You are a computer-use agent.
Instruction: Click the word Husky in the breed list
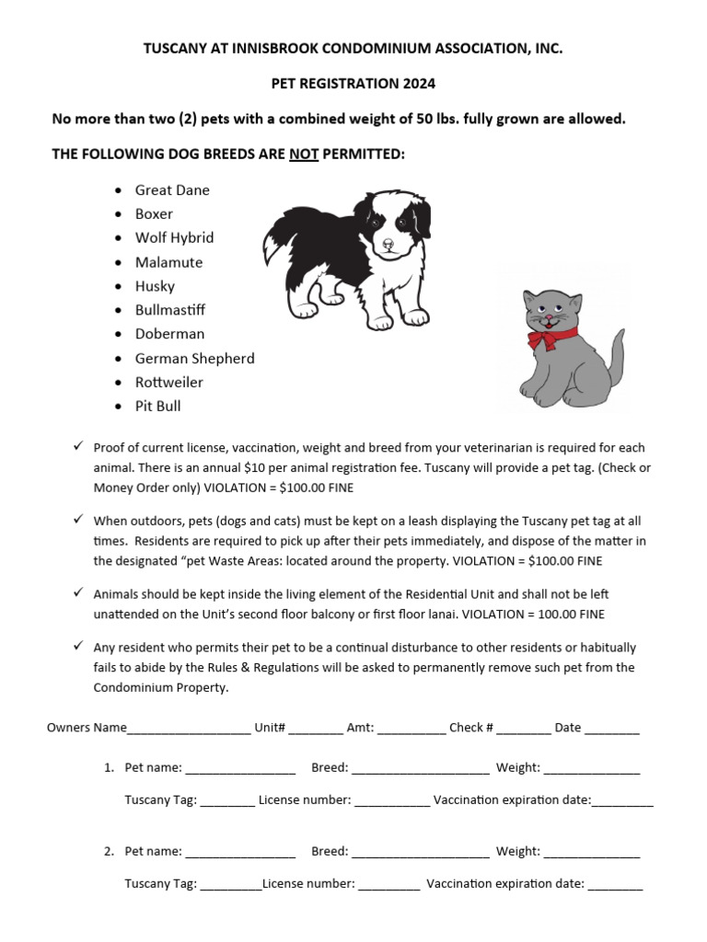(x=155, y=286)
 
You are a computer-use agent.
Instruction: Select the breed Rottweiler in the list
(x=169, y=382)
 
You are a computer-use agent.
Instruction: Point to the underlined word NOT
(x=304, y=155)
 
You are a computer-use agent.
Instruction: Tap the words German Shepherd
(x=195, y=358)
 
